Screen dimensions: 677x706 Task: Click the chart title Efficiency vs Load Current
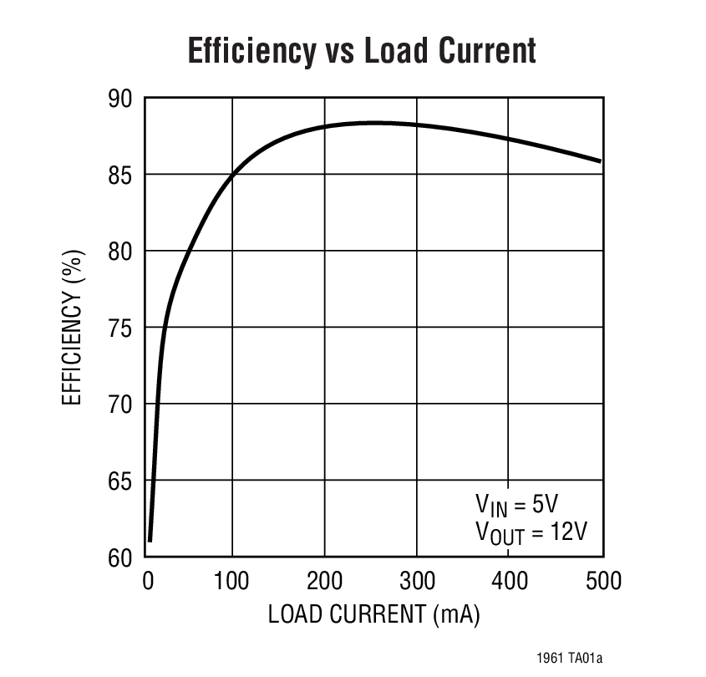pyautogui.click(x=361, y=51)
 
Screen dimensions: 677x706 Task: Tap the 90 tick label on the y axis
pyautogui.click(x=120, y=99)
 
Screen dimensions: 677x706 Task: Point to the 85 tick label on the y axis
pyautogui.click(x=120, y=175)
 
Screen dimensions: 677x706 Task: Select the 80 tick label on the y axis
pyautogui.click(x=120, y=251)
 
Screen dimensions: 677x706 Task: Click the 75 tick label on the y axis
pyautogui.click(x=120, y=328)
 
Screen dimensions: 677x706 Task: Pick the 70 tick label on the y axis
pyautogui.click(x=120, y=404)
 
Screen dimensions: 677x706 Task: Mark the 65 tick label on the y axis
pyautogui.click(x=120, y=481)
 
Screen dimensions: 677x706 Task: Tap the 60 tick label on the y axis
pyautogui.click(x=120, y=557)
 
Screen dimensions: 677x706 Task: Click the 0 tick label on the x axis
pyautogui.click(x=148, y=580)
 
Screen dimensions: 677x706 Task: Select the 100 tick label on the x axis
pyautogui.click(x=231, y=580)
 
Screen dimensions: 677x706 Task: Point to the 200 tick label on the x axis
pyautogui.click(x=324, y=580)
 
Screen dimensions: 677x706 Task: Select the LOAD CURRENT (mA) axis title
pyautogui.click(x=373, y=614)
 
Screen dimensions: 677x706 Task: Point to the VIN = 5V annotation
pyautogui.click(x=516, y=504)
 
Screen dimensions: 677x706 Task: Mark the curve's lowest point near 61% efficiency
pyautogui.click(x=150, y=541)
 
